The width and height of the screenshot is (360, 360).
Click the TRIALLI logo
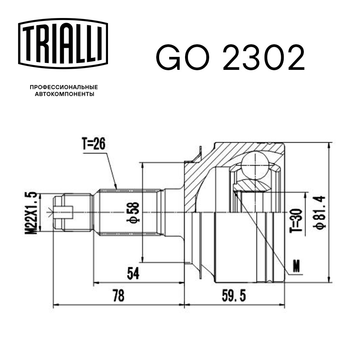[x=63, y=44]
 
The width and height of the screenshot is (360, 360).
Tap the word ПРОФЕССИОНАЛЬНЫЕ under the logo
[x=64, y=87]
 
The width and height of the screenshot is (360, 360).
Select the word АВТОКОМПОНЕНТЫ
[x=64, y=94]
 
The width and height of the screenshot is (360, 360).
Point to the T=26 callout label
[x=94, y=144]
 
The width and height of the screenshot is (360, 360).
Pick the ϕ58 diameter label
[x=133, y=212]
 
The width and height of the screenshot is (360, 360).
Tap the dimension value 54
[x=133, y=274]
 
